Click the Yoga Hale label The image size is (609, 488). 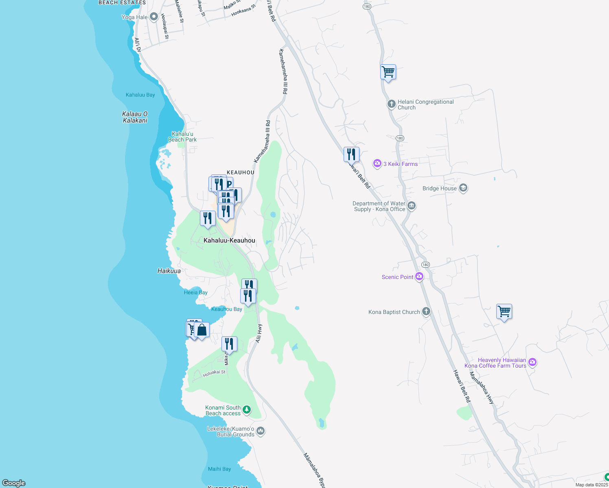tap(135, 17)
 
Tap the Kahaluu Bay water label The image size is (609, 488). tap(140, 95)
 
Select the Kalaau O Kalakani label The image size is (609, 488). tap(135, 117)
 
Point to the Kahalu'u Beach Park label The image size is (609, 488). tap(182, 137)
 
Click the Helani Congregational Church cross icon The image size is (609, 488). tap(391, 104)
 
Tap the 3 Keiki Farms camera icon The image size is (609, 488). tap(377, 163)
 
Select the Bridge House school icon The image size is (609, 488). tap(463, 188)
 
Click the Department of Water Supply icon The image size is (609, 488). tap(412, 206)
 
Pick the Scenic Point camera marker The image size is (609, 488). tap(419, 277)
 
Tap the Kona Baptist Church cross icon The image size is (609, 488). tap(426, 312)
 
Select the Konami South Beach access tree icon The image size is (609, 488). tap(247, 410)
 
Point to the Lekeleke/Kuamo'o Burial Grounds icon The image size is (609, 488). tap(261, 431)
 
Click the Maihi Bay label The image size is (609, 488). tap(219, 469)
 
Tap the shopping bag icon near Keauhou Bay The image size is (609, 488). tap(202, 330)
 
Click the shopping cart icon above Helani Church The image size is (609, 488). tap(388, 72)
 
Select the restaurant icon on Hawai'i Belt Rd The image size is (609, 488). tap(351, 155)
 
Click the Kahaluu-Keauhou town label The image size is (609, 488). tap(229, 240)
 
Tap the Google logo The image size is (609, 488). tap(14, 483)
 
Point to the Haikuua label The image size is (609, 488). tap(169, 271)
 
